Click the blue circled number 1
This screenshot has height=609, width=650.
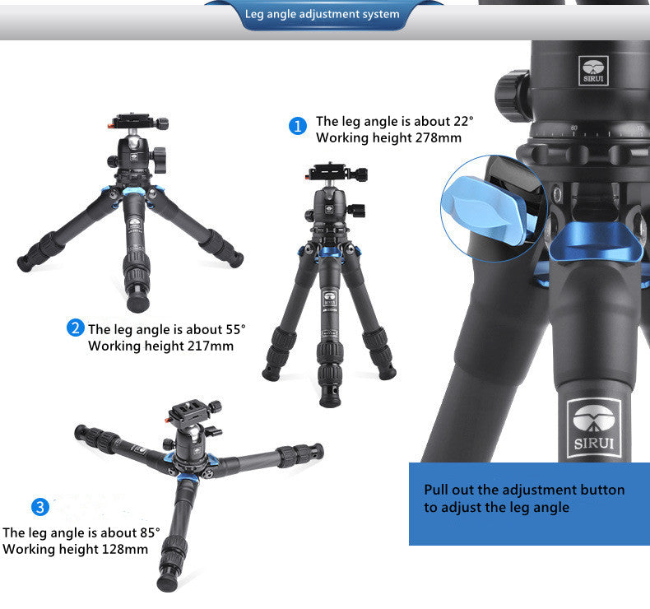click(298, 126)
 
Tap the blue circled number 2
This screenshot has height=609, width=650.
click(75, 328)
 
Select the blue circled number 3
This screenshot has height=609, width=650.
click(40, 507)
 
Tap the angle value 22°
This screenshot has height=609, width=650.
click(463, 121)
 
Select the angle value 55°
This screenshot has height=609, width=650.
click(235, 329)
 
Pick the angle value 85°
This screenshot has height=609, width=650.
click(150, 532)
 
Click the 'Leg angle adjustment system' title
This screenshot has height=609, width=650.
click(322, 14)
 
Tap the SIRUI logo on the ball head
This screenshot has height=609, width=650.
click(593, 71)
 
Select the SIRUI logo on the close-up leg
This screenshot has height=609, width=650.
click(593, 428)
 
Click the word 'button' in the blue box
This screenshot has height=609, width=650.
click(602, 490)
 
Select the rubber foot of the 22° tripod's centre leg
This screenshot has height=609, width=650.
click(331, 397)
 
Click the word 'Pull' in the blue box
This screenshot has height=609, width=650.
click(436, 490)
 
